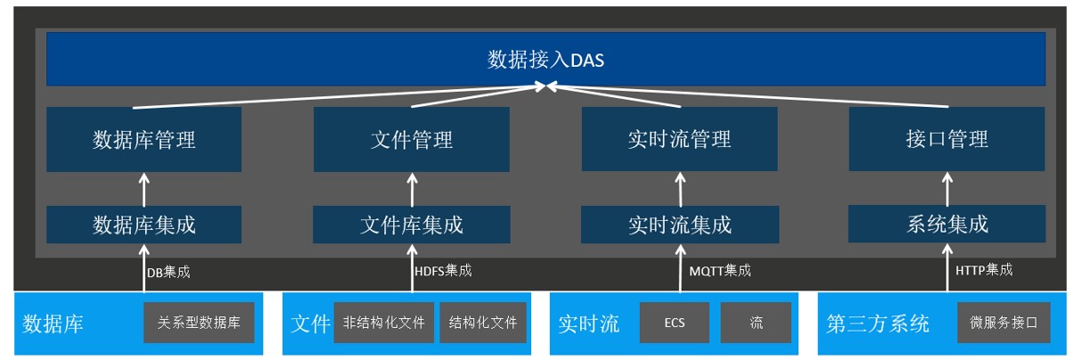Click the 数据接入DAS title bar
pyautogui.click(x=545, y=60)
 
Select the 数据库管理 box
pyautogui.click(x=143, y=139)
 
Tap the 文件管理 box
pyautogui.click(x=412, y=139)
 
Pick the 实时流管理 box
pyautogui.click(x=679, y=139)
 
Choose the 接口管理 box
pyautogui.click(x=947, y=139)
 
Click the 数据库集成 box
pyautogui.click(x=143, y=225)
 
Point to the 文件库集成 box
pyautogui.click(x=412, y=225)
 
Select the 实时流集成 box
pyautogui.click(x=680, y=225)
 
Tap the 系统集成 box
pyautogui.click(x=947, y=224)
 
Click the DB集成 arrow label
pyautogui.click(x=168, y=273)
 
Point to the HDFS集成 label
pyautogui.click(x=443, y=271)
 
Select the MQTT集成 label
pyautogui.click(x=720, y=271)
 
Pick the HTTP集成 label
pyautogui.click(x=984, y=270)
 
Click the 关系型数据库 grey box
pyautogui.click(x=199, y=323)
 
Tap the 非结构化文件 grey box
pyautogui.click(x=384, y=323)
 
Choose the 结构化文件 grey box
pyautogui.click(x=483, y=323)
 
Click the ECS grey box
pyautogui.click(x=675, y=323)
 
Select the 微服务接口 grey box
pyautogui.click(x=1004, y=323)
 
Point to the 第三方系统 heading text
pyautogui.click(x=878, y=324)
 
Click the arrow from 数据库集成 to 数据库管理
pyautogui.click(x=143, y=190)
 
